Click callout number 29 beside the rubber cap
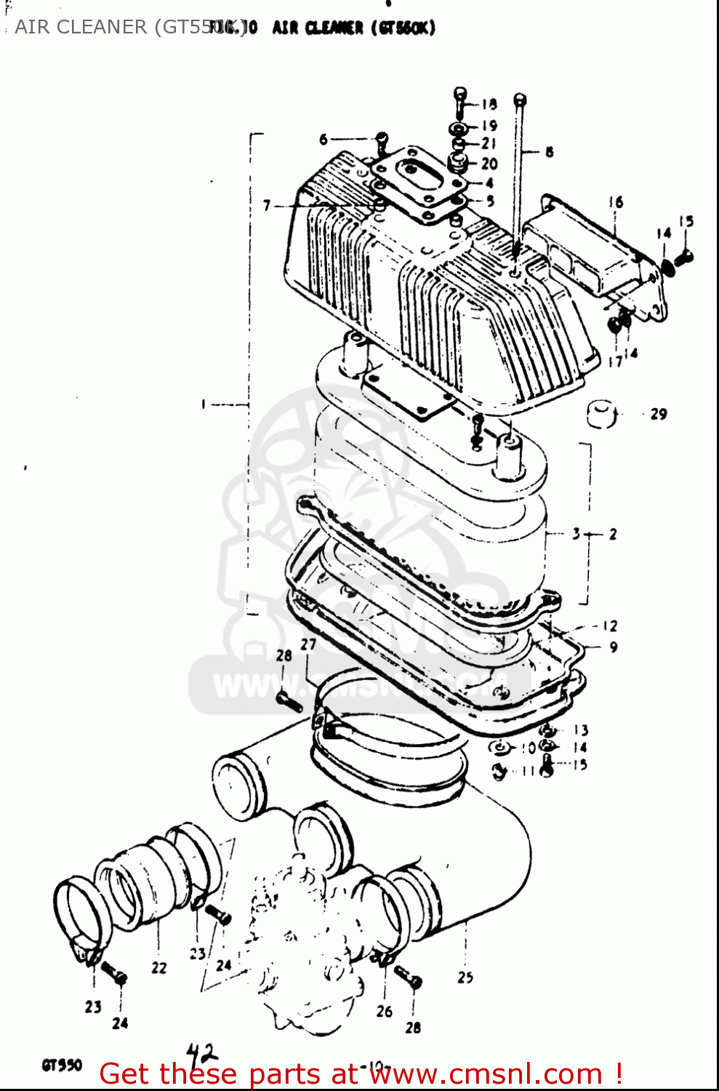(x=658, y=414)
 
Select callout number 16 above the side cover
(x=616, y=202)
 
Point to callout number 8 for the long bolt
(x=549, y=152)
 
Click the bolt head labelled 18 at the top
(x=460, y=95)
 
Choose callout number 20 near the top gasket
(x=489, y=164)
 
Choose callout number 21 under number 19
(x=489, y=144)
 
